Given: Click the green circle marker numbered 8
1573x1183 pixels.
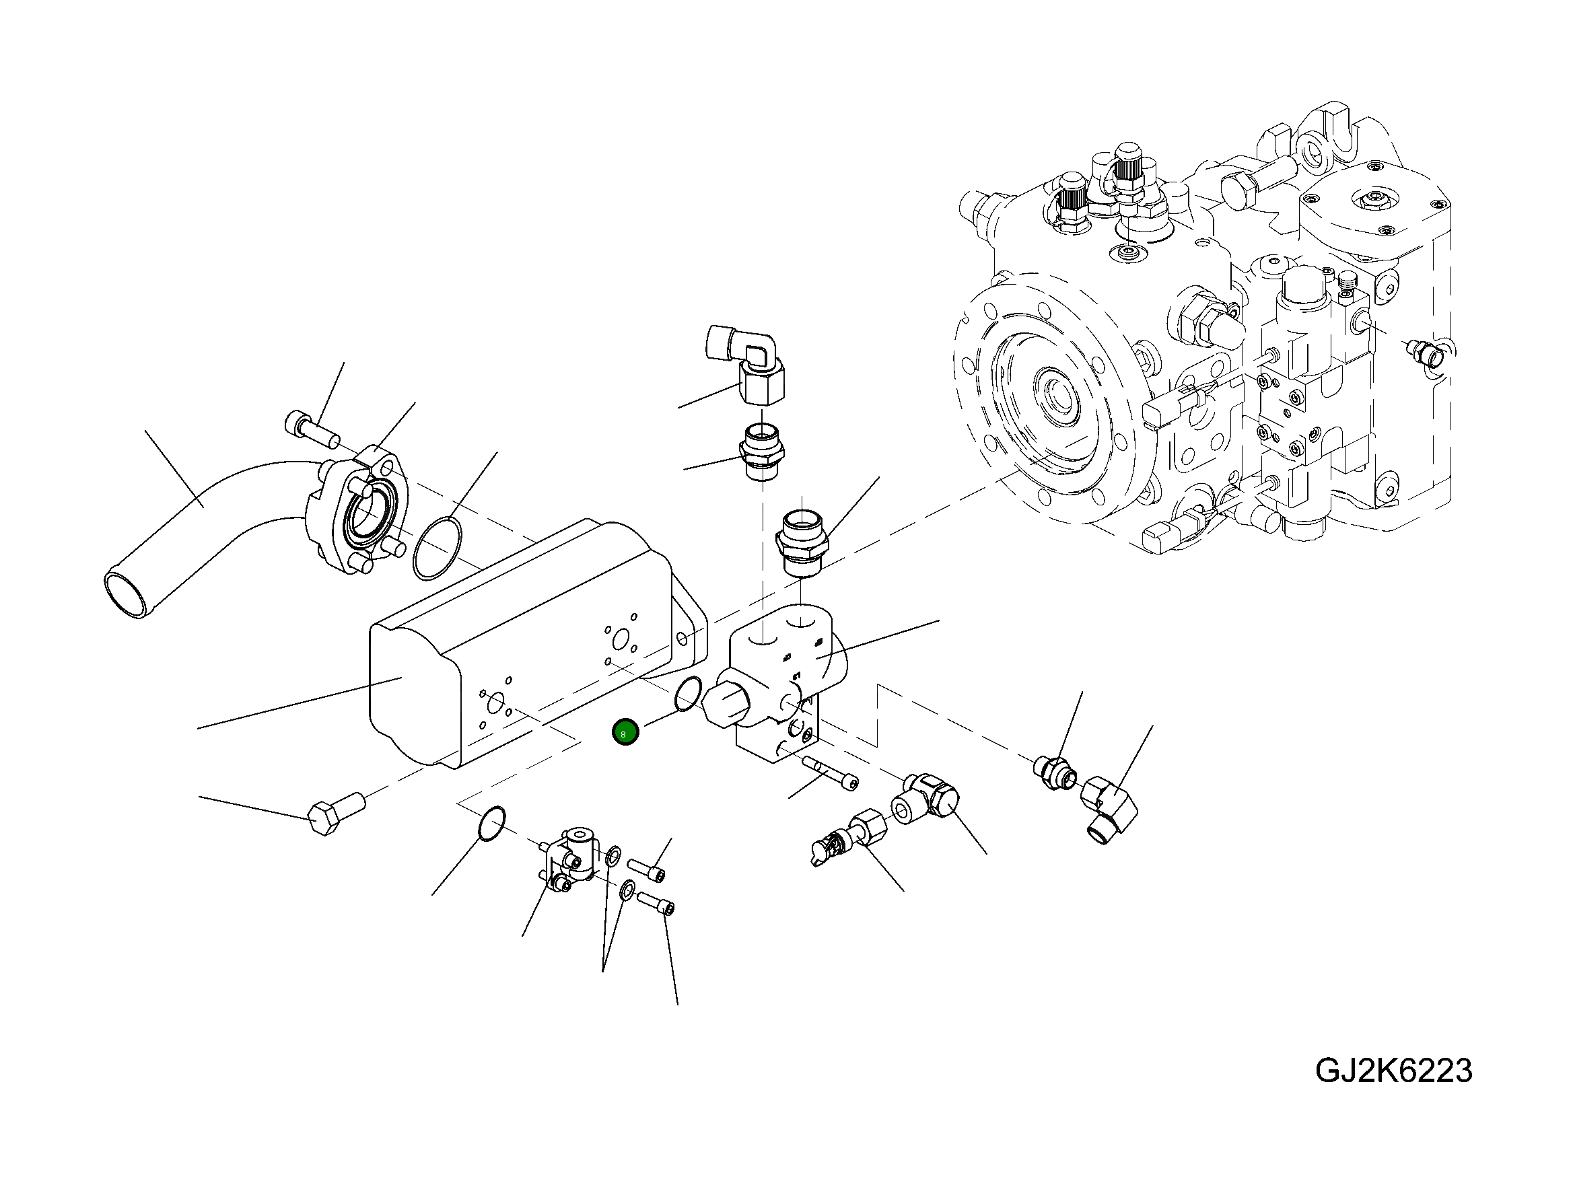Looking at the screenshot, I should click(x=625, y=732).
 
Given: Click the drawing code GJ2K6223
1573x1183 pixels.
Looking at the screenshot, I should click(x=1393, y=1071).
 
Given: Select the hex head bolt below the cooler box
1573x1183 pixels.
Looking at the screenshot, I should click(x=336, y=814).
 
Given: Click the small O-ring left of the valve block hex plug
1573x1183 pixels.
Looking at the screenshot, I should click(x=688, y=693).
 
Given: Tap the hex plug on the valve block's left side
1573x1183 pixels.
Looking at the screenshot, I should click(x=724, y=704).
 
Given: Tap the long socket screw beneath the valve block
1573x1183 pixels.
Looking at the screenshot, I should click(x=830, y=772).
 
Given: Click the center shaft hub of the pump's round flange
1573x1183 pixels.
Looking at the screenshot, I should click(x=1059, y=395).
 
